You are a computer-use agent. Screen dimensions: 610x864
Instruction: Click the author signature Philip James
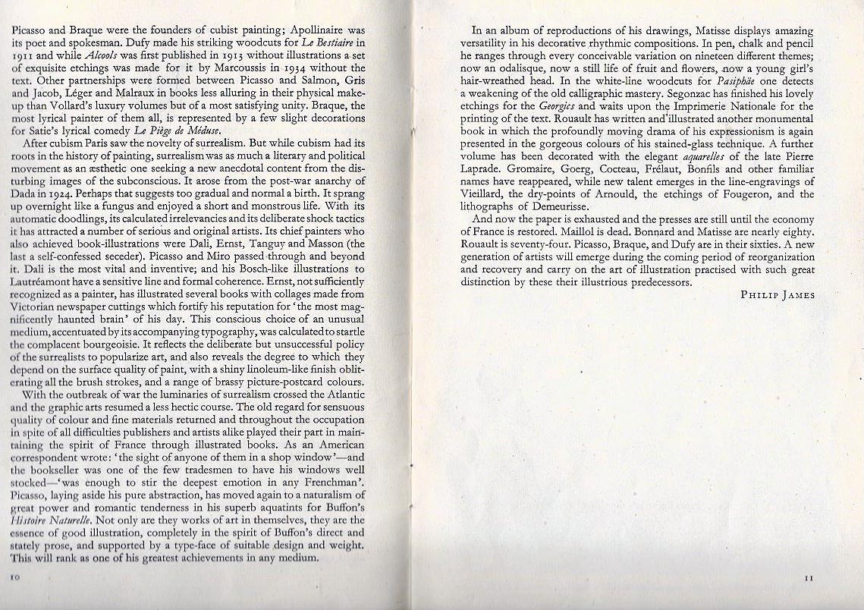777,295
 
